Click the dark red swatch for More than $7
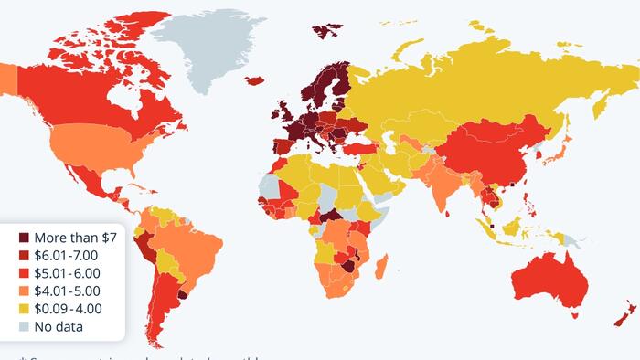click(x=24, y=237)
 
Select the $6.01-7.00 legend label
click(x=69, y=255)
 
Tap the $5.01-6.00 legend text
click(x=69, y=272)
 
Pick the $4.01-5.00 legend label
click(x=69, y=290)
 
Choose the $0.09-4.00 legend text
click(x=69, y=308)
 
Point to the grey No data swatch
click(x=24, y=325)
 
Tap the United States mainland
click(x=87, y=146)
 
